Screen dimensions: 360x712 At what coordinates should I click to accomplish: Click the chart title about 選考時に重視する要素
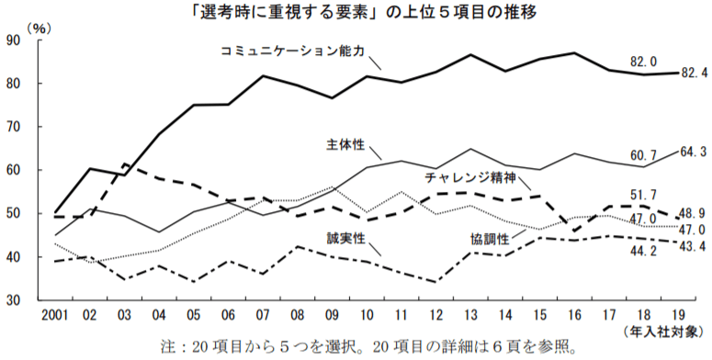[x=356, y=12]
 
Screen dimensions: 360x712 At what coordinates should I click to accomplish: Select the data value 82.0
[x=642, y=62]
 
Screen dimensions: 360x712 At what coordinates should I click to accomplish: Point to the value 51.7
[x=642, y=196]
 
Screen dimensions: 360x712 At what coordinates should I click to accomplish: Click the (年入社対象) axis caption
[x=669, y=329]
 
